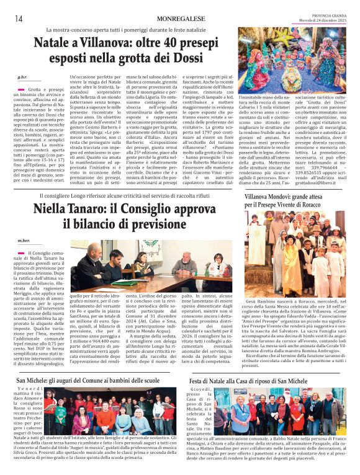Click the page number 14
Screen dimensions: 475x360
pos(19,19)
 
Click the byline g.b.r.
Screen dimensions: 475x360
pos(23,76)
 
